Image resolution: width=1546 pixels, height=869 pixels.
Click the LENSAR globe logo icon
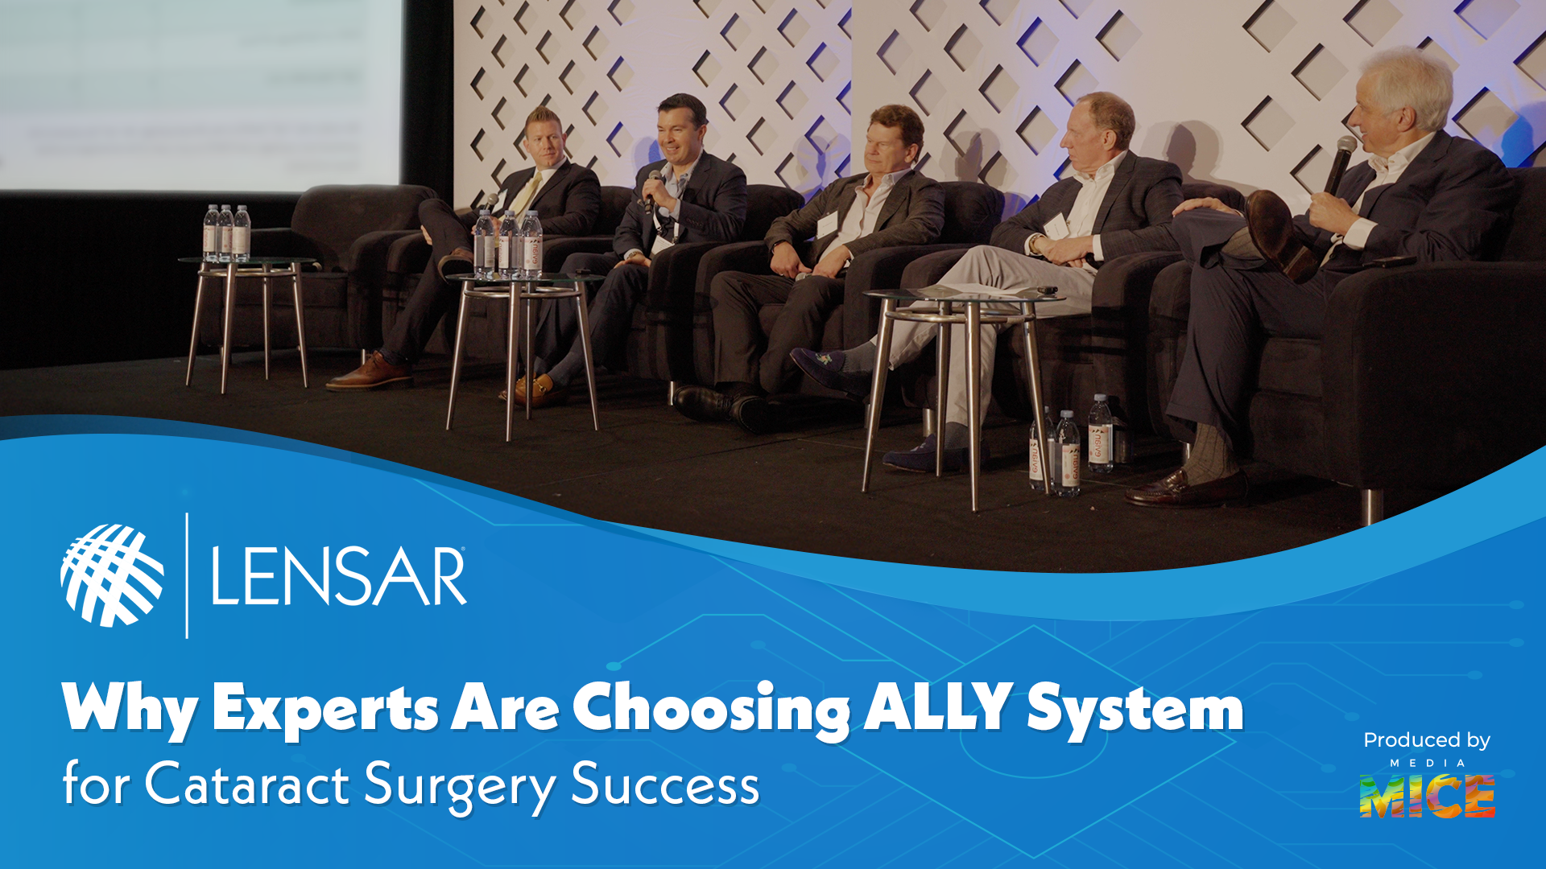[x=112, y=575]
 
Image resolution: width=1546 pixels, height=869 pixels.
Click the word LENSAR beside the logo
[x=338, y=576]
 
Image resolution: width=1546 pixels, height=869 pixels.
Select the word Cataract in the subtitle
[x=246, y=784]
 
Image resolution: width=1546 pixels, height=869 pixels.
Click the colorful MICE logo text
[x=1427, y=797]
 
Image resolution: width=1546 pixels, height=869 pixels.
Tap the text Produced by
[x=1426, y=740]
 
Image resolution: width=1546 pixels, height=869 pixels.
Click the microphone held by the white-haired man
[x=1340, y=163]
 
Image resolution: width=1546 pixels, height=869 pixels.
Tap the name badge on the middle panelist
[x=827, y=224]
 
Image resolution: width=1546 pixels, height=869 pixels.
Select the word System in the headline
[x=1135, y=708]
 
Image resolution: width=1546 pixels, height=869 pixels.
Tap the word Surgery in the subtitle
[x=460, y=785]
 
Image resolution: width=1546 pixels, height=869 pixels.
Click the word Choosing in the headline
[x=711, y=708]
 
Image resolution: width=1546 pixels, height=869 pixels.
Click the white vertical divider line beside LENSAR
[x=187, y=575]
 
